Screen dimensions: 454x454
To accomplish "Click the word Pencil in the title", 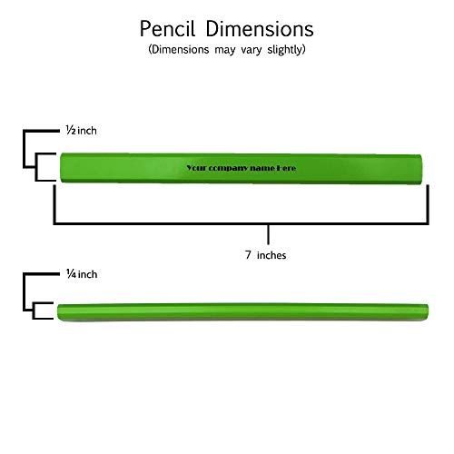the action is coord(167,29).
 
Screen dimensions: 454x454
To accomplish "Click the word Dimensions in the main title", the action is coord(260,29).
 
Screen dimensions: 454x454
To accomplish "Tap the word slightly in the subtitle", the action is coord(286,49).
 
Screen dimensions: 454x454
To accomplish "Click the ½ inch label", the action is coord(82,131).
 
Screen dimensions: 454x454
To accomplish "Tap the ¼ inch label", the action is coord(82,274).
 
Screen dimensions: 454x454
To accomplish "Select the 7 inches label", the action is coord(265,255).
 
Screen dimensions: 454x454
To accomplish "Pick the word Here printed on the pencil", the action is coord(286,168).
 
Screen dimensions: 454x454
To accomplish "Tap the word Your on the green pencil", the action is coord(196,168).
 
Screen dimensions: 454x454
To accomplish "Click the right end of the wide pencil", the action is coord(421,169).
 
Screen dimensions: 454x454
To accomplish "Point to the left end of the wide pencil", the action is coord(61,168).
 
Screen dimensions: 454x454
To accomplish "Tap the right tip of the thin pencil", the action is coord(428,311).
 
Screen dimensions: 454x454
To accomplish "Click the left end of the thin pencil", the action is coord(58,312).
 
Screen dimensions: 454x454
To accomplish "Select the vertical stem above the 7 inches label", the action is coord(268,234).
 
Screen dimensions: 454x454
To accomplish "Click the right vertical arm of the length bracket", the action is coord(428,204).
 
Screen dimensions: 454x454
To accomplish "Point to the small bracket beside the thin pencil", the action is coord(34,311).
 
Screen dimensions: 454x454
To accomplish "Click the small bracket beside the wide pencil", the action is coord(36,167).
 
